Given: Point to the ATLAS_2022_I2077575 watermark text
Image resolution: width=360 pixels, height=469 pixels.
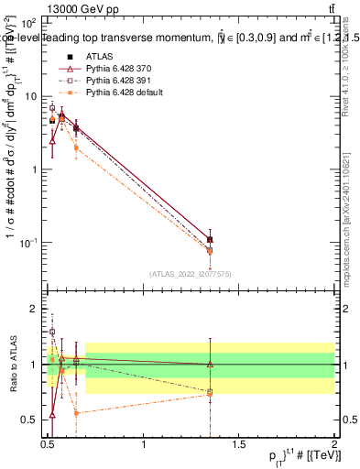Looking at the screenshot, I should [192, 273].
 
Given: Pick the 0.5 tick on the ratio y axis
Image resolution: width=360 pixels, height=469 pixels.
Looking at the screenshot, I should [31, 420].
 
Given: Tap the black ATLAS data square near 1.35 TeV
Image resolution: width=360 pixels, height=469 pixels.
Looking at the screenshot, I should [211, 240].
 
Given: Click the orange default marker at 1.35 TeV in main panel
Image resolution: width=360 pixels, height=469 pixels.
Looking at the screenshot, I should [211, 251].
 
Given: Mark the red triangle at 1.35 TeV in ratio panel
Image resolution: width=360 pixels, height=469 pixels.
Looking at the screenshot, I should [211, 365].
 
